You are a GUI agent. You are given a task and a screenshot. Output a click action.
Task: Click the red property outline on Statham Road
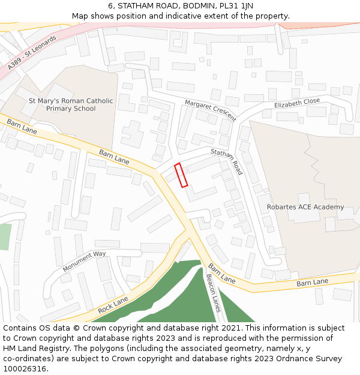click(181, 175)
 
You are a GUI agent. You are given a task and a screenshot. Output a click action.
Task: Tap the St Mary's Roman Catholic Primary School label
click(71, 104)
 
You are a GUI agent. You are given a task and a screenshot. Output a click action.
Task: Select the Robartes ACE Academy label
click(305, 208)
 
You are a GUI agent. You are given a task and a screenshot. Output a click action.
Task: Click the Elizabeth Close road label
click(297, 104)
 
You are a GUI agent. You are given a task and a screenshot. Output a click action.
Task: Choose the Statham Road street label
click(226, 162)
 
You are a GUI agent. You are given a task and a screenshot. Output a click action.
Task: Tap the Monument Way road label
click(84, 261)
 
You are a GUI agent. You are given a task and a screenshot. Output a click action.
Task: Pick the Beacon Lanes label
click(214, 293)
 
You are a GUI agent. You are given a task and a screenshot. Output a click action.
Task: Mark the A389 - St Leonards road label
click(32, 52)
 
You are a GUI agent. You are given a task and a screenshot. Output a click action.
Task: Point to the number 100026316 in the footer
click(25, 368)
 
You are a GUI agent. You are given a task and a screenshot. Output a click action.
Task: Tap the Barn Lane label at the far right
click(312, 282)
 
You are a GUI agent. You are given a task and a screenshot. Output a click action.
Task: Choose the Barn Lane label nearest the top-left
click(22, 127)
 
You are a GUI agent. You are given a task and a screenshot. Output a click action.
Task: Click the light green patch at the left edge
click(5, 236)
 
